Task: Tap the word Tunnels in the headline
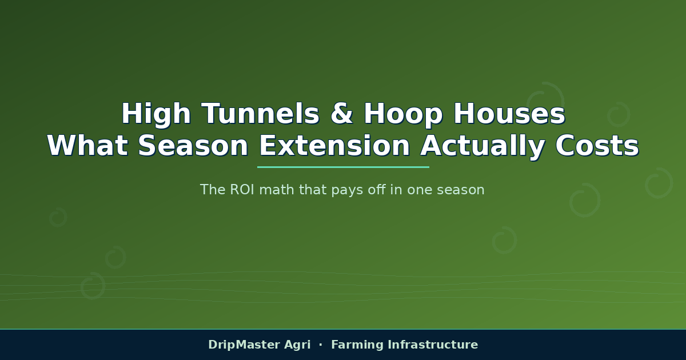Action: click(261, 113)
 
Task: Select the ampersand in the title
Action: click(342, 113)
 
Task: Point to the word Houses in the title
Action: click(509, 113)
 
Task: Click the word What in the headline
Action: click(87, 146)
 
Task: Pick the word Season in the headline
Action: click(193, 146)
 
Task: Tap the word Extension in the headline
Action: click(334, 146)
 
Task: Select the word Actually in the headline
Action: click(482, 147)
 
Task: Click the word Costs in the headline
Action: click(597, 146)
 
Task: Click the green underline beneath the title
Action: click(343, 167)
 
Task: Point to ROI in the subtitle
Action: click(242, 190)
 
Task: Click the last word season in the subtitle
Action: click(461, 190)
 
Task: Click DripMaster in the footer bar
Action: click(244, 345)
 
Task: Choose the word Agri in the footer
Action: click(297, 345)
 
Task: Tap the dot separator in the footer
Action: click(321, 345)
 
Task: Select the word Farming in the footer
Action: click(357, 345)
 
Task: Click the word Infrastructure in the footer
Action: click(433, 345)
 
